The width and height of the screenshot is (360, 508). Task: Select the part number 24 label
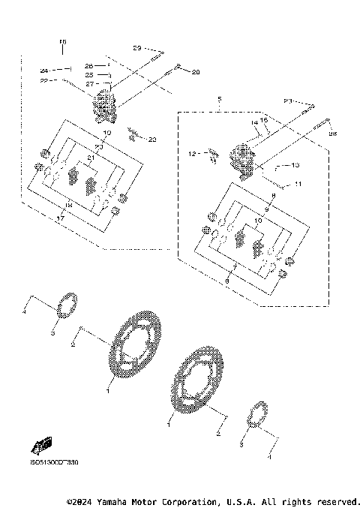44,70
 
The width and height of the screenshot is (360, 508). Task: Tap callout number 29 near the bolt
137,48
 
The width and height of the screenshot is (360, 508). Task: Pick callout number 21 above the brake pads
91,157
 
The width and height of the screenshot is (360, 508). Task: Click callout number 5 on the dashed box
219,100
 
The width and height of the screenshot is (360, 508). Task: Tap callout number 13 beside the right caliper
295,166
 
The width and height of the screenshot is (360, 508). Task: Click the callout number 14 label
255,122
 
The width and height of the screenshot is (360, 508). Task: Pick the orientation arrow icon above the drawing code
43,446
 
